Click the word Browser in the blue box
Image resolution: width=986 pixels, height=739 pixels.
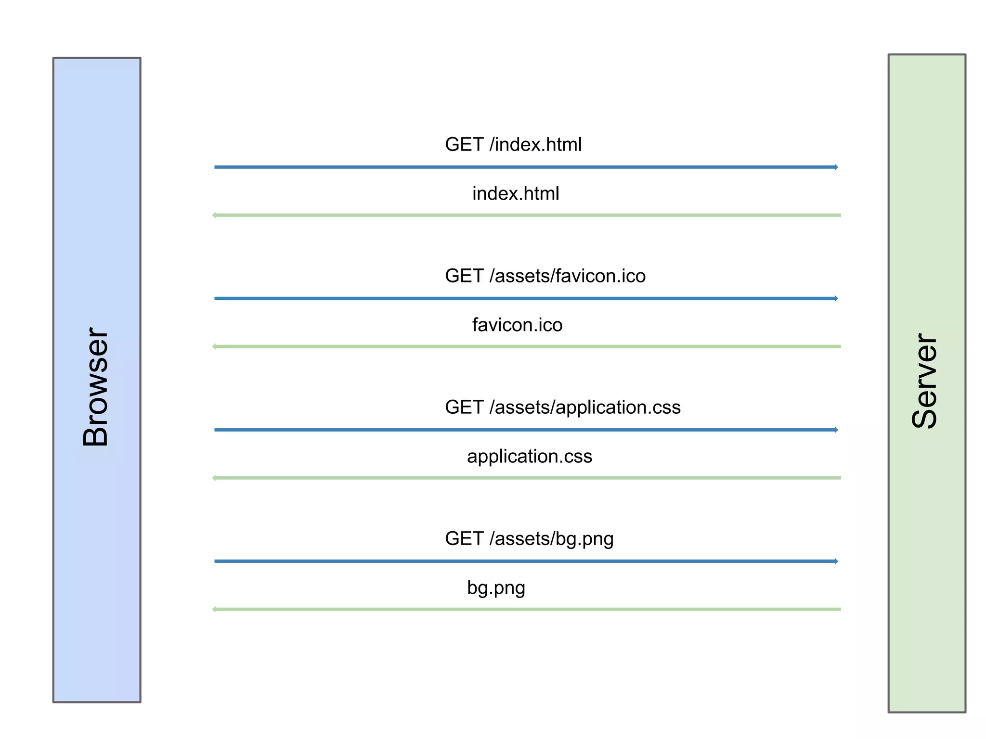[96, 387]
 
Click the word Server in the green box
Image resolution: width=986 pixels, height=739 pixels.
[925, 381]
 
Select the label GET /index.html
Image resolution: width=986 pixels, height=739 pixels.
[513, 144]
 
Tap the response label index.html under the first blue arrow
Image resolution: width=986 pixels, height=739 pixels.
[516, 193]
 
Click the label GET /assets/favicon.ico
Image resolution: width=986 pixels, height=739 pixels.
[545, 276]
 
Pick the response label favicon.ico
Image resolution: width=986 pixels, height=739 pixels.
[517, 325]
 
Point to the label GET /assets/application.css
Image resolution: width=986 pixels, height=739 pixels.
[562, 407]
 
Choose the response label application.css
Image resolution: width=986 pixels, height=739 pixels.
[529, 456]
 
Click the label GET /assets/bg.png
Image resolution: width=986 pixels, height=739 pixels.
[529, 539]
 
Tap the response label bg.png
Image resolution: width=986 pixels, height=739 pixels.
[496, 588]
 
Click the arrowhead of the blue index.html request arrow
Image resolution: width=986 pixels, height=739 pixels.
[836, 167]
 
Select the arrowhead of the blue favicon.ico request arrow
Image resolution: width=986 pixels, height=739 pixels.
[836, 298]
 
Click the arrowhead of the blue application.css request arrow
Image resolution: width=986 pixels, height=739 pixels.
[836, 430]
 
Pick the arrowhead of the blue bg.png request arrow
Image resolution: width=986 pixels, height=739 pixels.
[836, 561]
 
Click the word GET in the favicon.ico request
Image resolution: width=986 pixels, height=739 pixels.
[464, 276]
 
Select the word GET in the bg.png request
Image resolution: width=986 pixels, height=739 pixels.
[464, 539]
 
